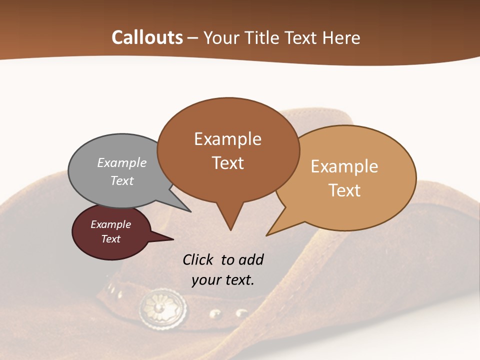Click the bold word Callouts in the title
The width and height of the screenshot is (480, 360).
click(x=147, y=37)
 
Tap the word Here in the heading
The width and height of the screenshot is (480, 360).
click(x=341, y=37)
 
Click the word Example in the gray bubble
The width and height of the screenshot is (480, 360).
click(x=122, y=162)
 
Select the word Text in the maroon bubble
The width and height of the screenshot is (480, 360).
click(x=111, y=239)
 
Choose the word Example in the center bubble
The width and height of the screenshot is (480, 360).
click(x=227, y=138)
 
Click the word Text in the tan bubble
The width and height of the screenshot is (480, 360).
click(x=344, y=190)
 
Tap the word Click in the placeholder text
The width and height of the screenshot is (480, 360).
click(x=198, y=259)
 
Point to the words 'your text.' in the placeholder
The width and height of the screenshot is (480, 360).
click(x=223, y=280)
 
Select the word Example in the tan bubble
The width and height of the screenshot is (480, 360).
click(x=344, y=166)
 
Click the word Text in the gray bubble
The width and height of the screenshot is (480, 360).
click(x=122, y=180)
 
